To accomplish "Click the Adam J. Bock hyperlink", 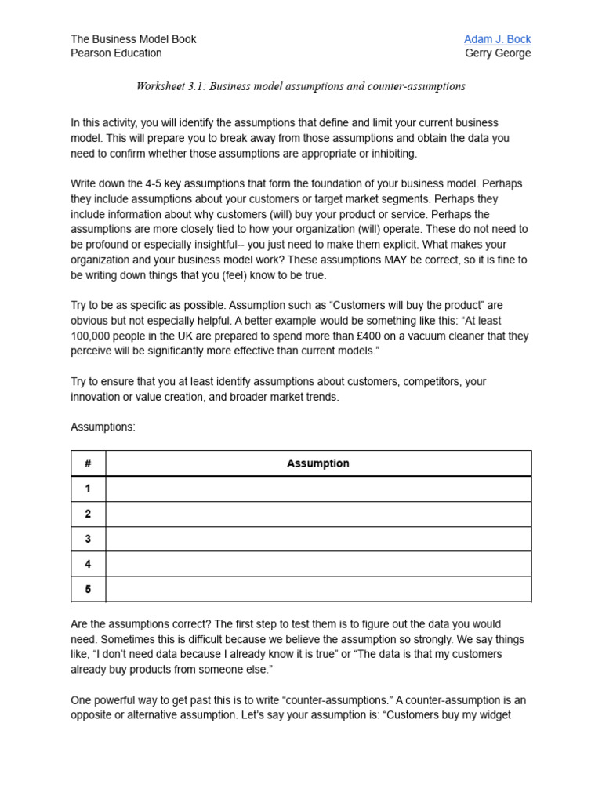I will pos(497,39).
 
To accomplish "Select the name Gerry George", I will pos(498,53).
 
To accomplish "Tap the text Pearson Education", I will pos(116,53).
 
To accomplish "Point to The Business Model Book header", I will pos(133,39).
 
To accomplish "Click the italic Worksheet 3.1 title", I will pos(300,86).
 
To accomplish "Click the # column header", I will pos(88,463).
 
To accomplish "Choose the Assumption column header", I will pos(317,463).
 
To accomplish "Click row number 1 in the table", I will pos(88,489).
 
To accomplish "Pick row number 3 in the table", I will pos(88,539).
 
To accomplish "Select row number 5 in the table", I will pos(88,589).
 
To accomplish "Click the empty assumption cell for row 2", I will pos(317,514).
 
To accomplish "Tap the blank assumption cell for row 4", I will pos(317,564).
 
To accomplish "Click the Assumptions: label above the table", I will pos(103,427).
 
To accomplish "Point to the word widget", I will pos(493,715).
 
